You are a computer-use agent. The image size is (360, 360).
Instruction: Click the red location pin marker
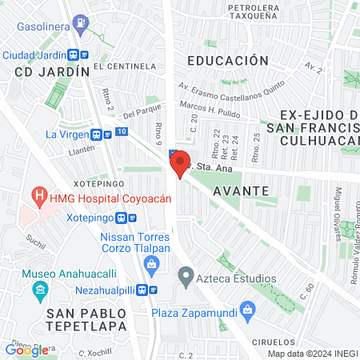coord(179,164)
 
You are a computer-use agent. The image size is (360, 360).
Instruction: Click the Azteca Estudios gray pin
coord(186,278)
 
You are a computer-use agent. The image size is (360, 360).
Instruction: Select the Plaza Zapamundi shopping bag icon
coord(247,308)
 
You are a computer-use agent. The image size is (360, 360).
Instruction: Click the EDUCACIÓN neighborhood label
coord(227,60)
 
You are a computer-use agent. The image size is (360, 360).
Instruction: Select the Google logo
coord(27,349)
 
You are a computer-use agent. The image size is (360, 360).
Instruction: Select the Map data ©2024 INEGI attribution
coord(311,354)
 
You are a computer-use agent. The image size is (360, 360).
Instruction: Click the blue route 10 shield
coord(120,130)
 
